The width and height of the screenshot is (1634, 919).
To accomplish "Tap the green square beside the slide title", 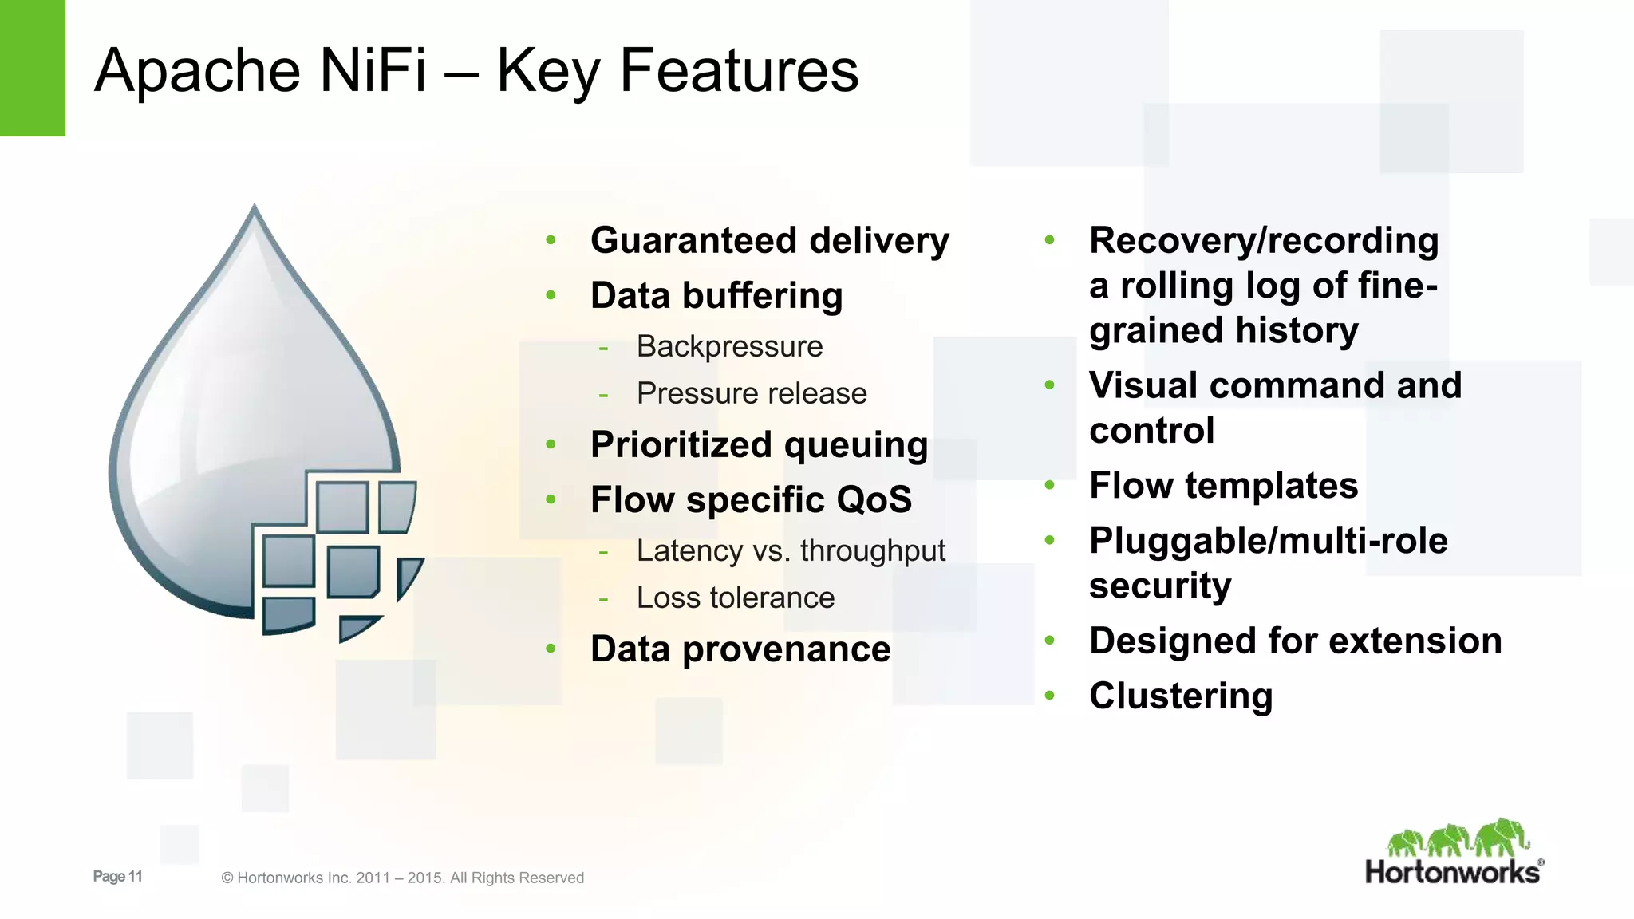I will pos(32,68).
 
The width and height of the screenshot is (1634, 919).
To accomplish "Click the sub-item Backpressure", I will pos(729,346).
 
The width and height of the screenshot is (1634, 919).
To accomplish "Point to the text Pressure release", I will pos(751,393).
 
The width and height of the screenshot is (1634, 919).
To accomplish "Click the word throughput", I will pos(872,550).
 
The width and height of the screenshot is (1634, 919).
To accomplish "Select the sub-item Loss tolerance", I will pos(735,598).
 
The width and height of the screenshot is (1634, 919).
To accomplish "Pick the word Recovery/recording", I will pos(1263,240).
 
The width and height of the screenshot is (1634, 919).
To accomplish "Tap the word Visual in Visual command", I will pos(1143,385).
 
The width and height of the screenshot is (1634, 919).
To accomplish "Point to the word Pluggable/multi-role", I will pos(1268,540).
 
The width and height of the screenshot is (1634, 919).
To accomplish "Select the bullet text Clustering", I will pos(1180,696).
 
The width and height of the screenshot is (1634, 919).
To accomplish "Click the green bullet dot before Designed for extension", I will pos(1049,641).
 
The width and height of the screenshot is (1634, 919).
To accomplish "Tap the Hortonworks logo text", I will pos(1452,872).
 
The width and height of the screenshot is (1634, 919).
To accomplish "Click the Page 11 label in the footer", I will pos(117,876).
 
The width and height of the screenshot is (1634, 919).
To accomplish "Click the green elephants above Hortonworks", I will pos(1457,838).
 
